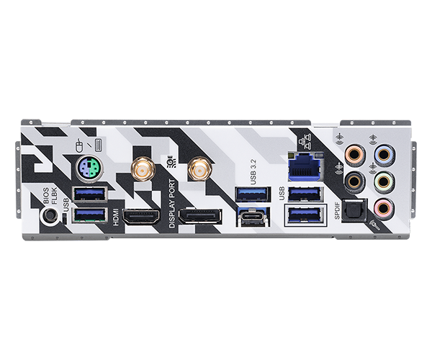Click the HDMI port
click(141, 216)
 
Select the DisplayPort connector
click(200, 217)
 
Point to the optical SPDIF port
click(354, 211)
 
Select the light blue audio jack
click(384, 154)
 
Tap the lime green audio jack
click(384, 181)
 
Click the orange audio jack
click(355, 154)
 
